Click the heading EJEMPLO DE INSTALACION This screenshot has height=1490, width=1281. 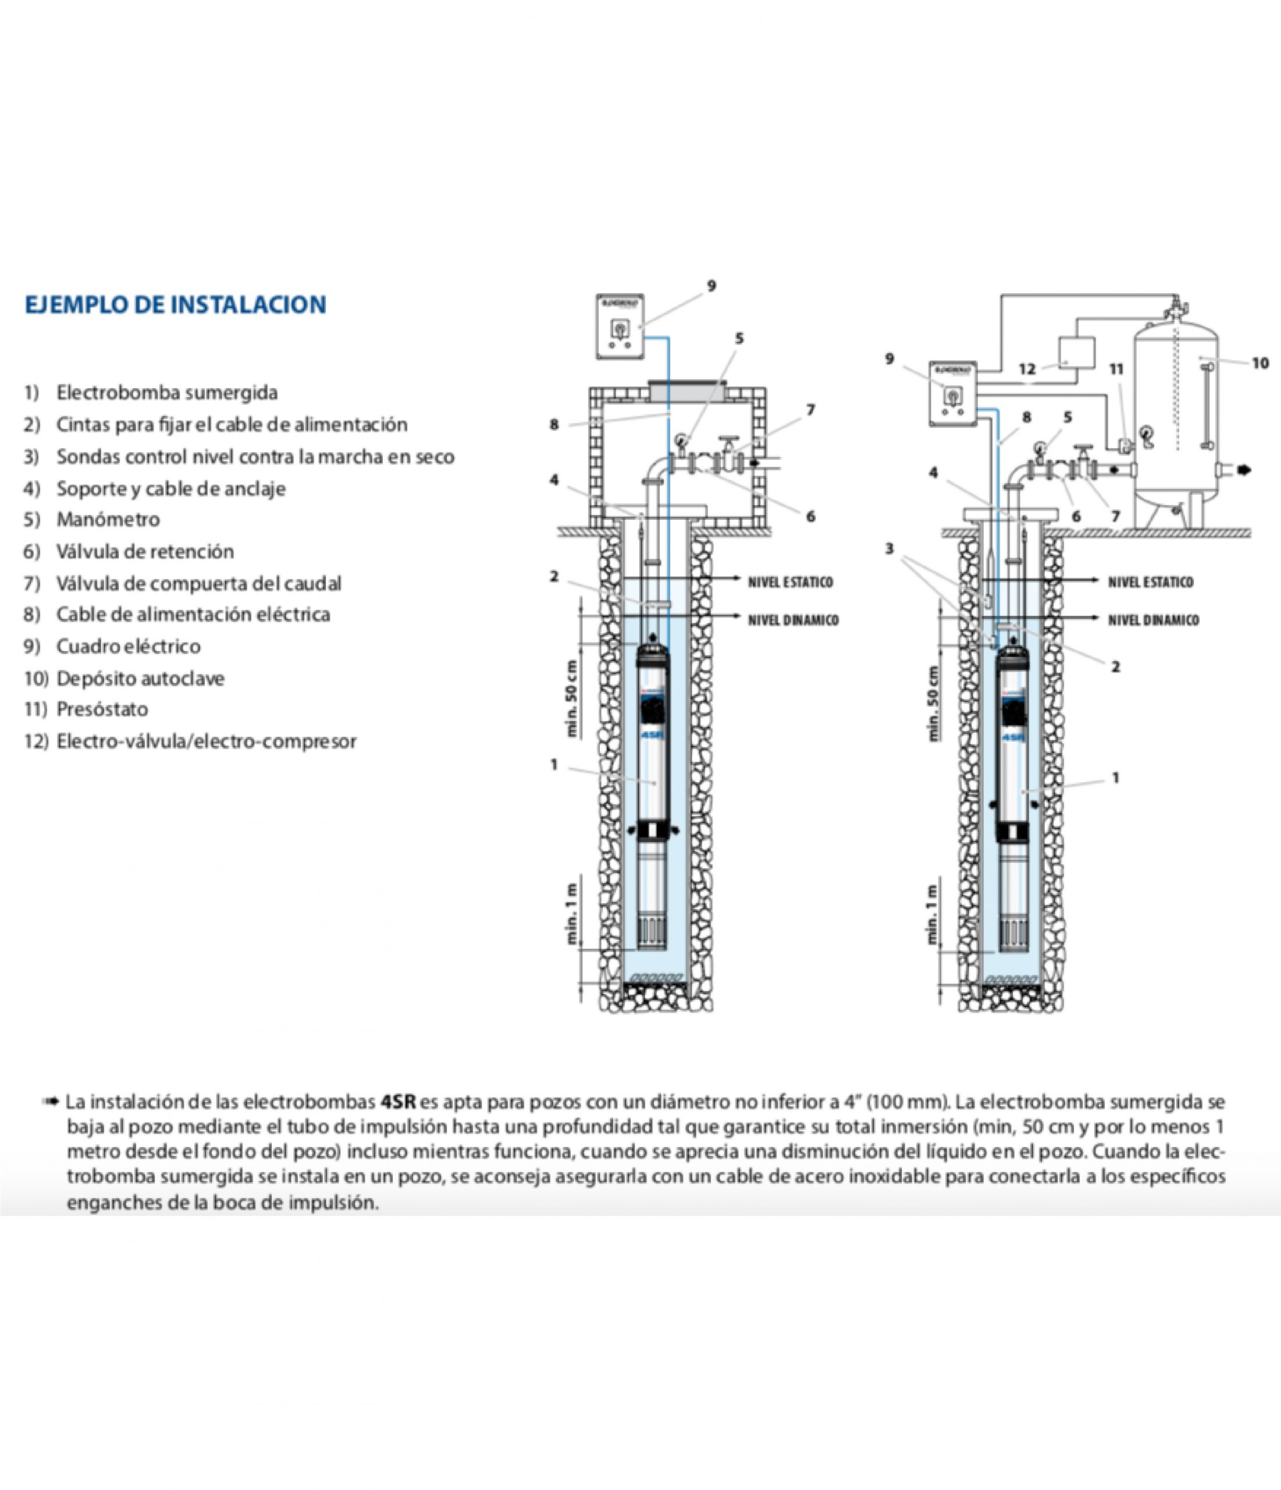pos(176,305)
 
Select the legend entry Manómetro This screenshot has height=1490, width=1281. pos(108,519)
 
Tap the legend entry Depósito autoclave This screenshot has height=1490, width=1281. pos(140,678)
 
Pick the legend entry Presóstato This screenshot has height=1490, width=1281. pos(102,709)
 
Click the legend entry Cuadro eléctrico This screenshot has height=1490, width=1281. pos(128,645)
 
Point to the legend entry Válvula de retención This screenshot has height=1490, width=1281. pos(145,552)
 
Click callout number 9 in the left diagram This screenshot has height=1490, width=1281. pos(711,286)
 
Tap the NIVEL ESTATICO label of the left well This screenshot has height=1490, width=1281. pos(790,582)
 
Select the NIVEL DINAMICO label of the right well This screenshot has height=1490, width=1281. pos(1152,620)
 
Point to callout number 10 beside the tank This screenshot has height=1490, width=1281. pos(1260,363)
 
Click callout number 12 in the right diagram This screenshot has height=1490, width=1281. pos(1027,369)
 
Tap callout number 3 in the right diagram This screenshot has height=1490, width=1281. pos(889,549)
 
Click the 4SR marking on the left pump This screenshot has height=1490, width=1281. pos(653,735)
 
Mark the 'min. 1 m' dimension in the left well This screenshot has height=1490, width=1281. pos(573,913)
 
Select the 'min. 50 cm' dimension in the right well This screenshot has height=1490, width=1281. pos(933,703)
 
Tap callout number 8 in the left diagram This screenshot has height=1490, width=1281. pos(553,424)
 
